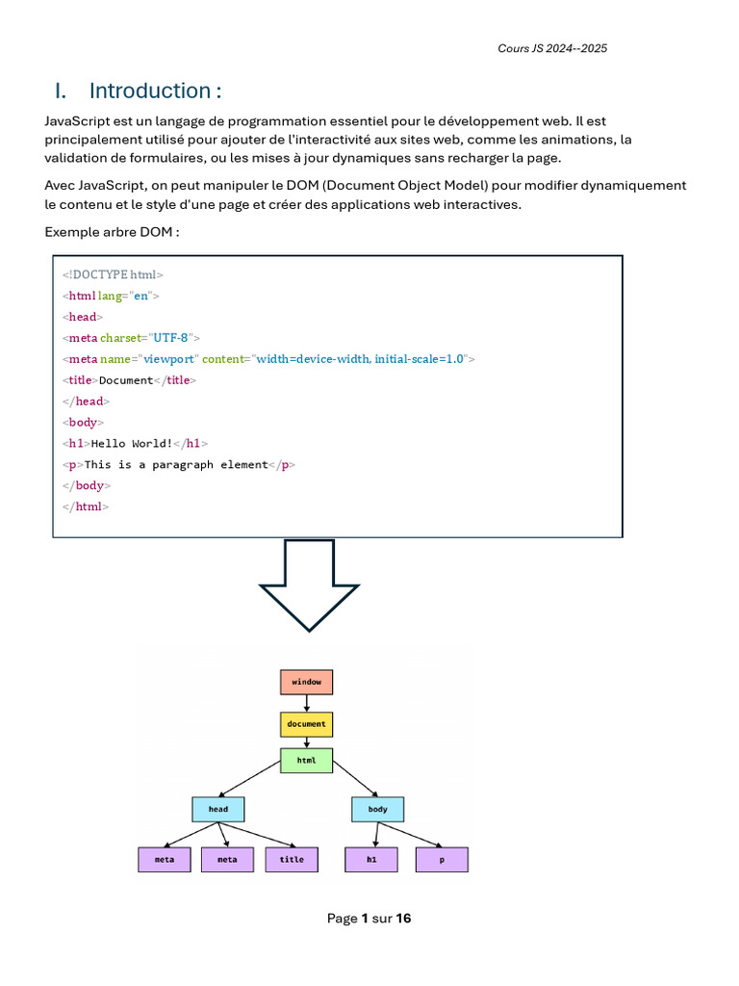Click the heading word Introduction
click(x=154, y=91)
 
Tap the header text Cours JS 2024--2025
click(x=552, y=48)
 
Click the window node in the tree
click(x=306, y=682)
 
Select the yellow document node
click(x=306, y=723)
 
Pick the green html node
click(x=306, y=760)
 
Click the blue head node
click(x=218, y=809)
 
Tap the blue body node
click(x=377, y=809)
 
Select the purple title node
click(x=292, y=859)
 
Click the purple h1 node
click(x=371, y=859)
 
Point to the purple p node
click(x=442, y=859)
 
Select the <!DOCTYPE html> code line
click(x=113, y=275)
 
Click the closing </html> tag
click(x=86, y=506)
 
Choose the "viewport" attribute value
click(x=169, y=359)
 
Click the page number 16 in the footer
click(x=403, y=919)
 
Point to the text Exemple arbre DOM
click(x=112, y=232)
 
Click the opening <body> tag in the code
click(x=83, y=423)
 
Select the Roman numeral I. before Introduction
click(x=61, y=91)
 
